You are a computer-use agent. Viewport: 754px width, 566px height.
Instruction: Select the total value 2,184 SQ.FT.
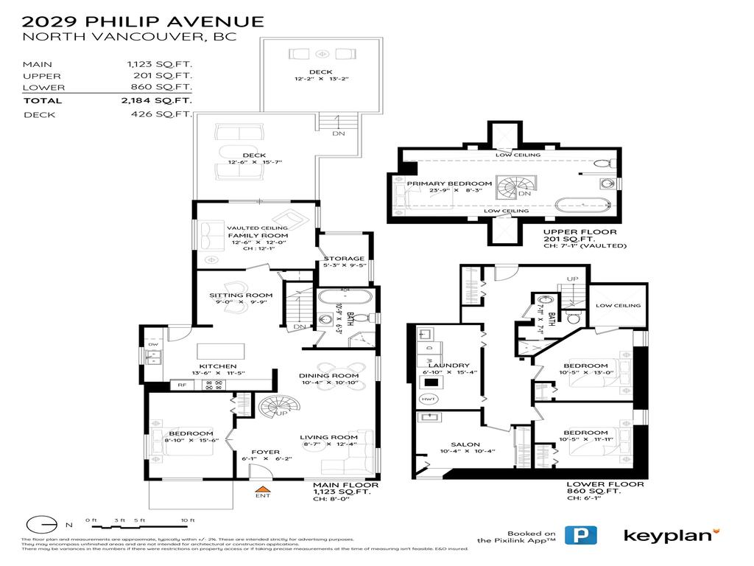157,100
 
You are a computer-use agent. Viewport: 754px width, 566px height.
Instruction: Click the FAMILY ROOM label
258,236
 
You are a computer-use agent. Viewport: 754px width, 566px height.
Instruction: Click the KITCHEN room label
219,366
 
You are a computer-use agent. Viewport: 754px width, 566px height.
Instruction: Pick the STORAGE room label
344,259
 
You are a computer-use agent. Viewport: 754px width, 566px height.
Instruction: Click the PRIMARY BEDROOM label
450,183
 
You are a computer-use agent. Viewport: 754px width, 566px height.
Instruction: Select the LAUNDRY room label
448,365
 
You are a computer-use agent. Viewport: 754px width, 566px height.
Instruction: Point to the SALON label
465,444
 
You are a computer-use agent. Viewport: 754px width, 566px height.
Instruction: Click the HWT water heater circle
428,399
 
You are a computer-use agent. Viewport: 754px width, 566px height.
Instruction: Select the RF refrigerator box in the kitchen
181,384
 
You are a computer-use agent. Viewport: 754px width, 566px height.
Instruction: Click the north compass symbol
43,525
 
